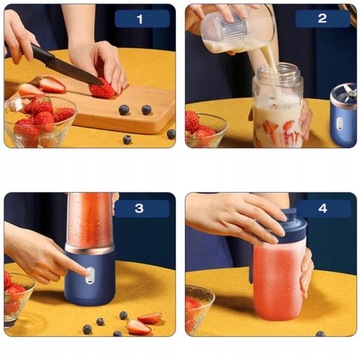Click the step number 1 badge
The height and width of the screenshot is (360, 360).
tap(140, 18)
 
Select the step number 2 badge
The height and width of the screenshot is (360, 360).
tap(321, 18)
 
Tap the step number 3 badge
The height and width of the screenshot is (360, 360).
tap(140, 208)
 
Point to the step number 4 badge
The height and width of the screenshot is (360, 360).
tap(321, 208)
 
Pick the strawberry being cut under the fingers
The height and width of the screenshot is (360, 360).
tap(102, 90)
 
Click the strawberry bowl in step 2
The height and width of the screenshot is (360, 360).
tap(205, 130)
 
